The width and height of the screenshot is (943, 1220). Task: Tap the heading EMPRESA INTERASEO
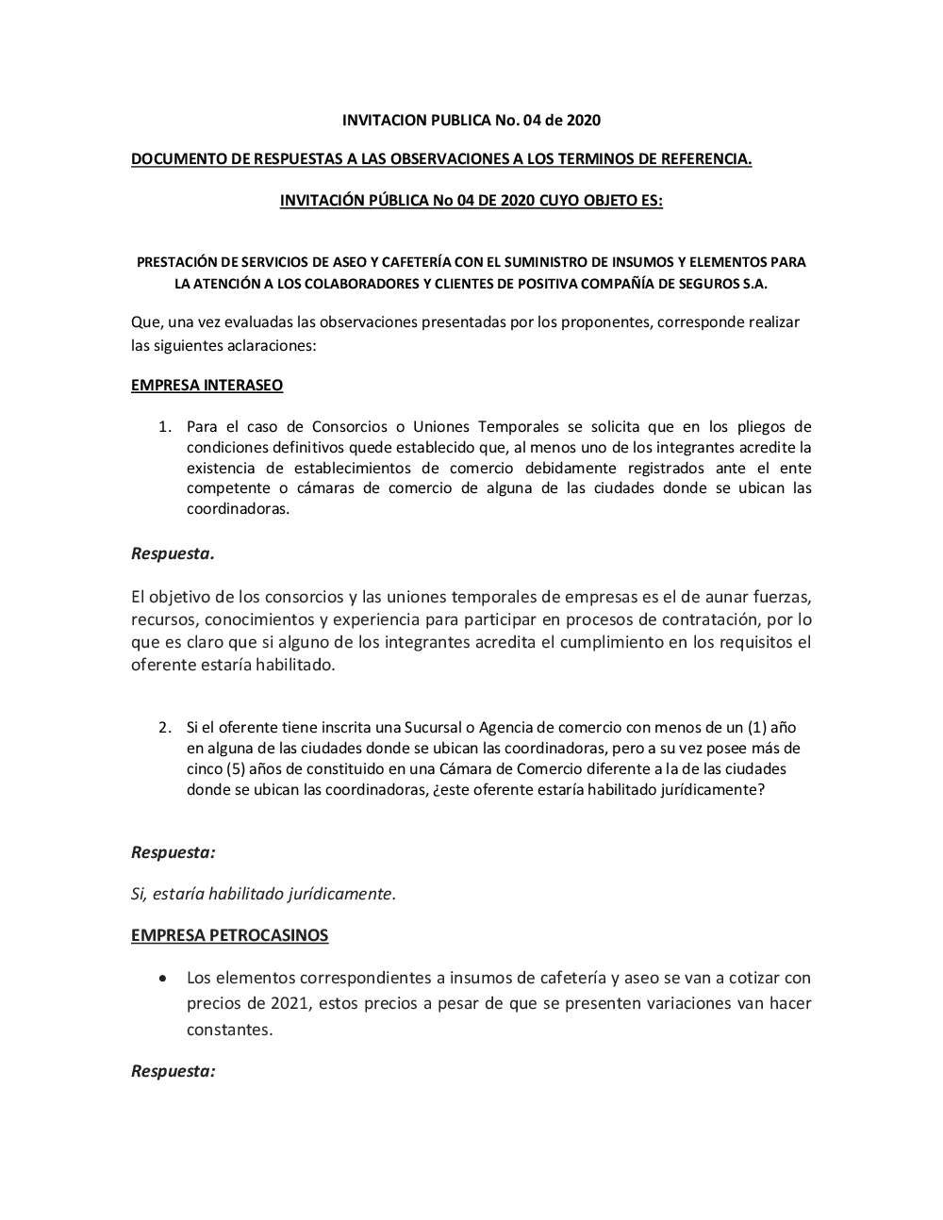point(207,385)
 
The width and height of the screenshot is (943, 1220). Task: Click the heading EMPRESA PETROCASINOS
point(229,935)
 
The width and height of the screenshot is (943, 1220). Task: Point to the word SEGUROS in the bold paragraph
point(718,284)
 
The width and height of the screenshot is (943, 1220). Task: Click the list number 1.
point(164,427)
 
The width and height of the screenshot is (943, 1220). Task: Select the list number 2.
point(164,728)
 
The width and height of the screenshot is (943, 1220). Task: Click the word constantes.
point(228,1029)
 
